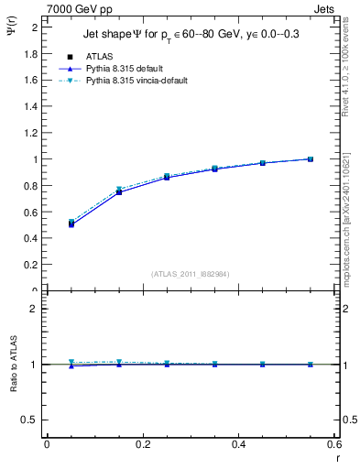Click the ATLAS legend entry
pos(99,56)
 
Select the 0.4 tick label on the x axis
pos(238,444)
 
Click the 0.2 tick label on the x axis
pos(142,444)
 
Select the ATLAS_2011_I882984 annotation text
pos(191,273)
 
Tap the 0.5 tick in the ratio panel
pos(31,420)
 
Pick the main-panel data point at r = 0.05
pos(71,224)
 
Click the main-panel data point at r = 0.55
pos(311,158)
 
